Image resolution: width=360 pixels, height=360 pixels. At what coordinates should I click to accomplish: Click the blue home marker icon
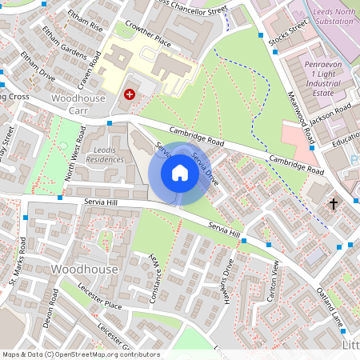pos(180,173)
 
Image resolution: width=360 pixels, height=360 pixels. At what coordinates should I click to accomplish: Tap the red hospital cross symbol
pos(130,94)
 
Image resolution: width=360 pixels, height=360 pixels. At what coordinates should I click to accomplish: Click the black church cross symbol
pos(334,204)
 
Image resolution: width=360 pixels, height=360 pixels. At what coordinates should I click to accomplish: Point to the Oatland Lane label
pos(330,311)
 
